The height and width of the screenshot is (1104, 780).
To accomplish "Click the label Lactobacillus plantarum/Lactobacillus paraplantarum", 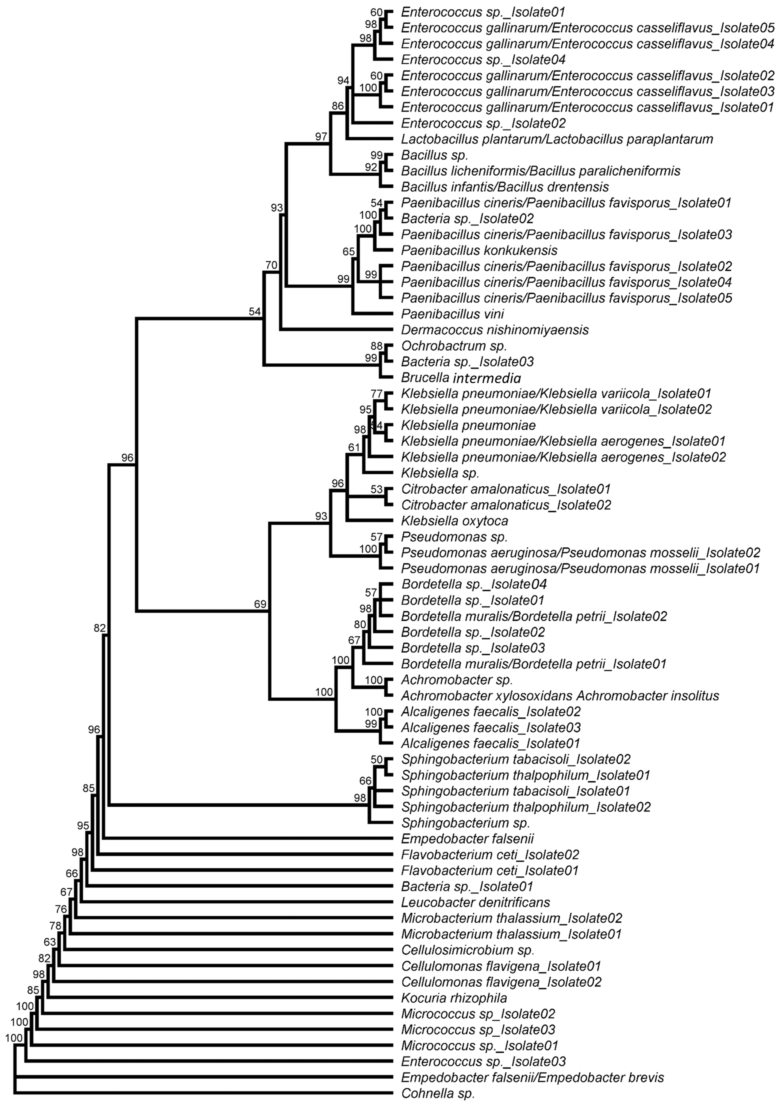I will coord(557,140).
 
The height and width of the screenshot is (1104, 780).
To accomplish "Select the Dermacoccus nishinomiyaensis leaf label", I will coord(495,330).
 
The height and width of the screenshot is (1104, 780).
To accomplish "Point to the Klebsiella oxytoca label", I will coord(455,521).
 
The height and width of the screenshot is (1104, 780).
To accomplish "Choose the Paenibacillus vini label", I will coord(452,314).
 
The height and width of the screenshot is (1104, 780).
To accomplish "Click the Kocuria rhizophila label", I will coord(454,998).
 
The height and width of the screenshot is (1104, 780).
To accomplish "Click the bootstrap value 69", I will coord(260,604).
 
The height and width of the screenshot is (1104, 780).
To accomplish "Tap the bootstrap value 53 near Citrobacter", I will coord(377,489).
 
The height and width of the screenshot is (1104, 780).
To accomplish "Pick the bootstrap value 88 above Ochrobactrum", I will coord(377,346).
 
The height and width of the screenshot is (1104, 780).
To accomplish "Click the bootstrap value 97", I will coord(321,137).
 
